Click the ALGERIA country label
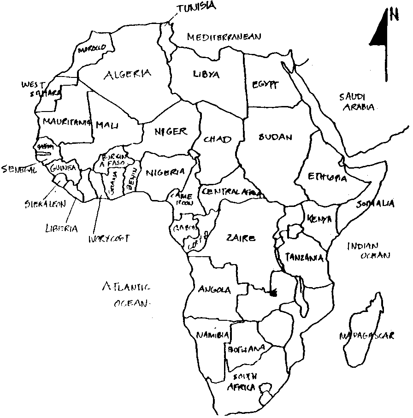(x=127, y=74)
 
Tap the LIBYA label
(x=206, y=74)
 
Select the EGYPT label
(x=265, y=84)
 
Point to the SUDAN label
(x=276, y=137)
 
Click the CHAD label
(x=217, y=139)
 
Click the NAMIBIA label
(x=212, y=335)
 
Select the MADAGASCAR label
(x=366, y=336)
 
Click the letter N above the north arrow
(x=393, y=14)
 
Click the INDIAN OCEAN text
(x=369, y=250)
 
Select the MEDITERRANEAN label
(x=224, y=37)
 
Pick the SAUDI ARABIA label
(x=356, y=102)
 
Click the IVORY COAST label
(x=109, y=238)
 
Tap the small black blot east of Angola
(x=273, y=292)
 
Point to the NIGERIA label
(x=165, y=173)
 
